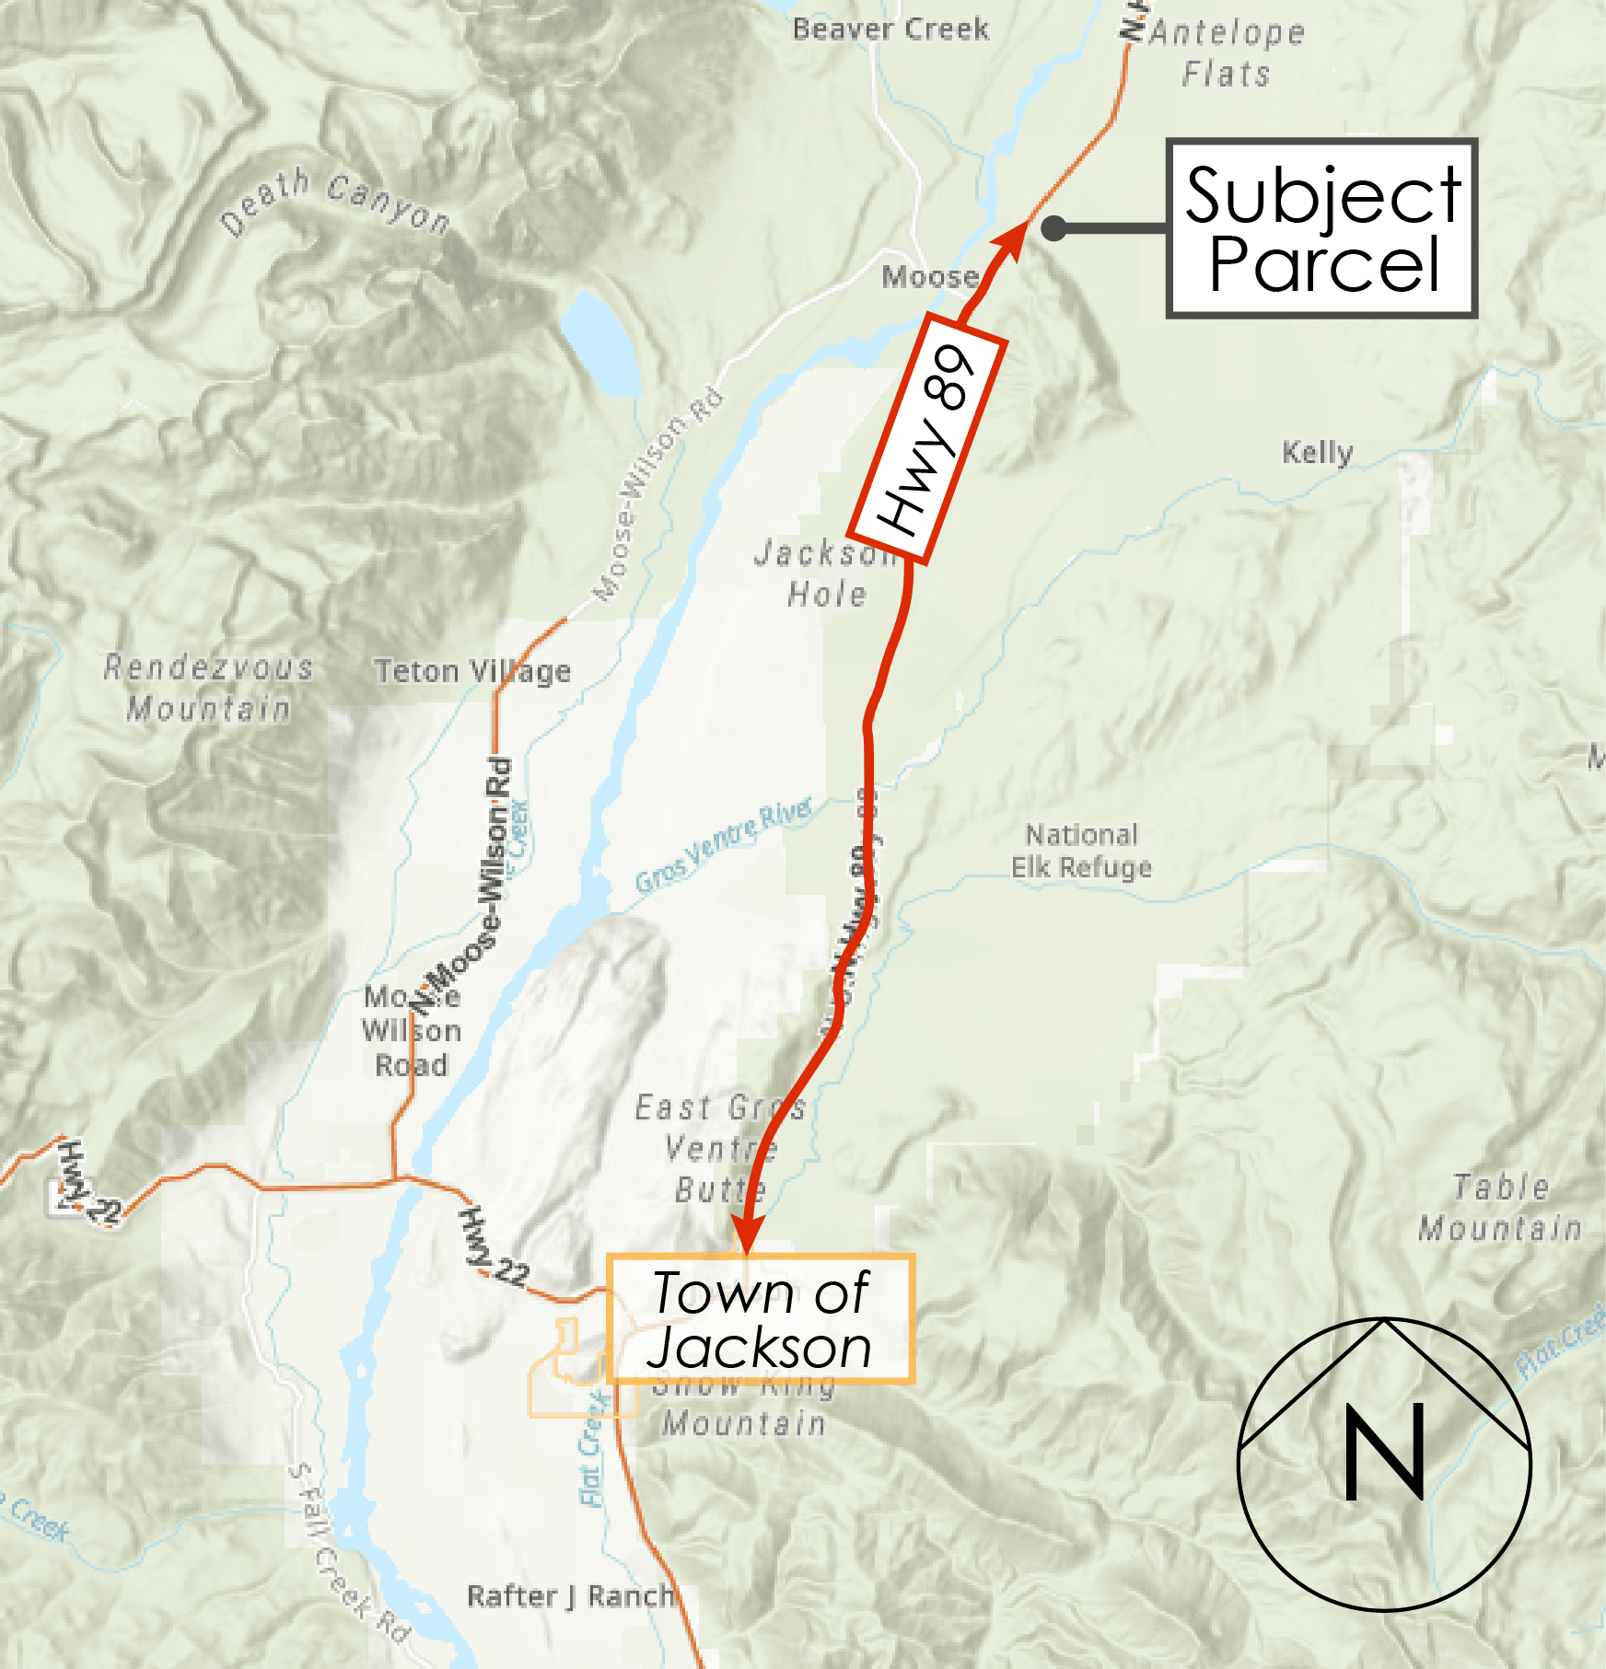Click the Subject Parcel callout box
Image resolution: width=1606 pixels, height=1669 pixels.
1321,229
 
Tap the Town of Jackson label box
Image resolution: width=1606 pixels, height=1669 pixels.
760,1318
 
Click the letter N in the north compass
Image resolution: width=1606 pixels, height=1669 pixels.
1384,1453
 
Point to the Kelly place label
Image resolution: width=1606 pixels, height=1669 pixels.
1318,452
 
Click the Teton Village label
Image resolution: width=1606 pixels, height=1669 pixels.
471,671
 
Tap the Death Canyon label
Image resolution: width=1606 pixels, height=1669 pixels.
335,203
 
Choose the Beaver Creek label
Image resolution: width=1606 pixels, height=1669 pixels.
890,29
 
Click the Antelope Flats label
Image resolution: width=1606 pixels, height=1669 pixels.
1227,52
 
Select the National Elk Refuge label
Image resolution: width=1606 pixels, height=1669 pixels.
1082,851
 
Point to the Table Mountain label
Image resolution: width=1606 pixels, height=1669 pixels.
1500,1207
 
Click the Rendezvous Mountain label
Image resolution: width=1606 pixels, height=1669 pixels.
208,688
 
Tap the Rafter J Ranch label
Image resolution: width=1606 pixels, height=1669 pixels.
571,1595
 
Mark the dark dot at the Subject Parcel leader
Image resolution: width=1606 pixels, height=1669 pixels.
1054,228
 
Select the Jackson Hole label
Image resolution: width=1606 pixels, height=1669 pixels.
826,574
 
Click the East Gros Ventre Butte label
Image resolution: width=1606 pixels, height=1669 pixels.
721,1148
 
